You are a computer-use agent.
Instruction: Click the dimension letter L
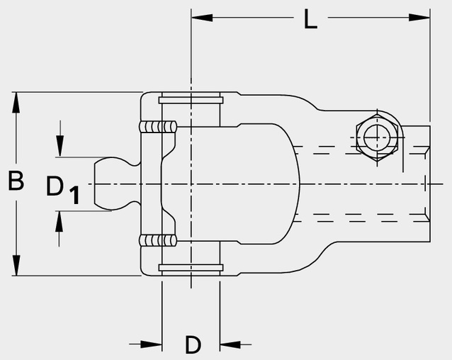click(x=310, y=19)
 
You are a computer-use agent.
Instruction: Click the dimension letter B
click(x=16, y=181)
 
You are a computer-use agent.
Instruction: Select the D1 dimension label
click(x=62, y=190)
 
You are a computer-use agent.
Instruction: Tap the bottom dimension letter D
click(x=193, y=344)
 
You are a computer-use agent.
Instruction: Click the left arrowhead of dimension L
click(x=202, y=18)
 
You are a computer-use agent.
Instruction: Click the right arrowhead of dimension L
click(x=419, y=18)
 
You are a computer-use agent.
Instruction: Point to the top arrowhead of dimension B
click(x=16, y=103)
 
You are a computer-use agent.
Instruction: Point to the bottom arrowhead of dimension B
click(x=16, y=265)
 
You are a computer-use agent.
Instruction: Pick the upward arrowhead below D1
click(x=59, y=221)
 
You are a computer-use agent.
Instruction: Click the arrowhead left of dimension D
click(x=151, y=344)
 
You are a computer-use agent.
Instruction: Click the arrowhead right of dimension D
click(x=230, y=344)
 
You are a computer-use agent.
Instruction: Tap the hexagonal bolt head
click(x=378, y=137)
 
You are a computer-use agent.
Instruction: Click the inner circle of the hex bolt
click(x=378, y=137)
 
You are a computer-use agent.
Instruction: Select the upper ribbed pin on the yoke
click(x=157, y=127)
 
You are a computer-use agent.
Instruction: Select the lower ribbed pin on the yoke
click(x=157, y=241)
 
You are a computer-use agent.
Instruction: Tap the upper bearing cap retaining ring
click(x=191, y=101)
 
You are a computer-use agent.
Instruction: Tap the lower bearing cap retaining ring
click(x=191, y=268)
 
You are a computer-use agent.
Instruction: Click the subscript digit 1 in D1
click(x=75, y=196)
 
